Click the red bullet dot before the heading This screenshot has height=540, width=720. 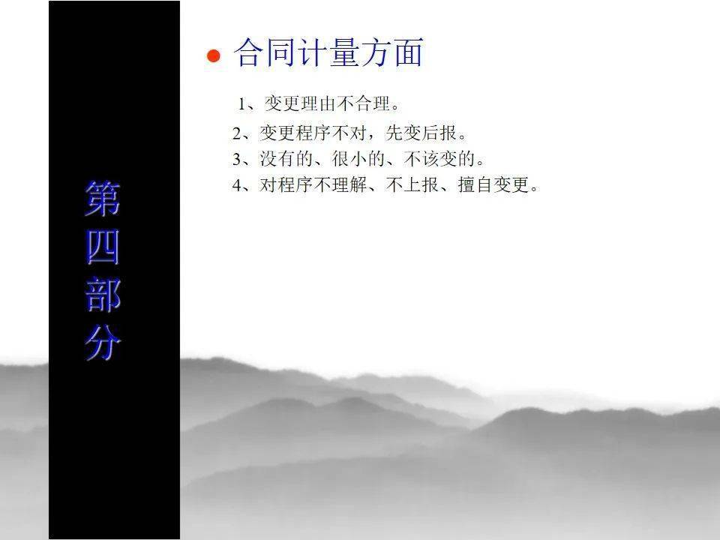click(x=214, y=56)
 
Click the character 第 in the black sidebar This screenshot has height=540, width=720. click(x=103, y=198)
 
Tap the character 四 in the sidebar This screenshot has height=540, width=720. click(x=103, y=247)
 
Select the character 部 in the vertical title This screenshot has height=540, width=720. click(x=103, y=295)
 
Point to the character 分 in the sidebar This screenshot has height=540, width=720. click(x=103, y=343)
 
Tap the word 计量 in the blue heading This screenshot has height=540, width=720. click(x=328, y=52)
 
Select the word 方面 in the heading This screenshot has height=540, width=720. click(x=391, y=52)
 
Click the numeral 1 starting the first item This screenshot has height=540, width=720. click(x=241, y=104)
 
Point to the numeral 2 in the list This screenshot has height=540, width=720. click(x=237, y=133)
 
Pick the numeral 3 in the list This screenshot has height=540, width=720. click(x=237, y=159)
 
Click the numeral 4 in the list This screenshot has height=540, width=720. click(x=237, y=185)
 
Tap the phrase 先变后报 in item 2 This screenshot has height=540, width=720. click(x=421, y=133)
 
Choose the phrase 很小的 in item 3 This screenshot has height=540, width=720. click(x=358, y=159)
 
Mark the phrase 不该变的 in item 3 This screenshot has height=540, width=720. click(x=439, y=159)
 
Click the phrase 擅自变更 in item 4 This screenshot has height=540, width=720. click(x=493, y=184)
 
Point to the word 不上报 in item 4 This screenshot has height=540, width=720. click(x=412, y=184)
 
